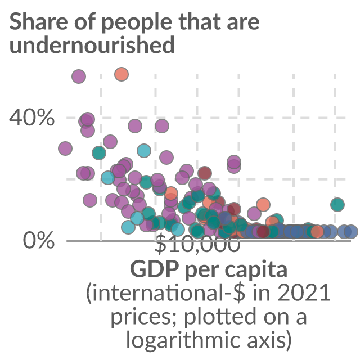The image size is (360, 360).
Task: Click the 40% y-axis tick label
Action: [31, 118]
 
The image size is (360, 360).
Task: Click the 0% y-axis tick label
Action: [39, 241]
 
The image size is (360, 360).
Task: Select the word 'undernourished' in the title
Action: [92, 44]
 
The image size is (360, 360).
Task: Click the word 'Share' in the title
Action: [39, 21]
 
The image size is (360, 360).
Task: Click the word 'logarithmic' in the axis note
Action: [184, 340]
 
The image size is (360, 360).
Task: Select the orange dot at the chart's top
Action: [121, 74]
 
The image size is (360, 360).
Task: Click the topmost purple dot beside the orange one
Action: [79, 76]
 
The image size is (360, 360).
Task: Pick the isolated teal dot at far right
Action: [337, 204]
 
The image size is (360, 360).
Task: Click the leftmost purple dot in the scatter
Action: [65, 148]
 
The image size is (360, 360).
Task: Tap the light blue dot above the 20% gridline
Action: [144, 151]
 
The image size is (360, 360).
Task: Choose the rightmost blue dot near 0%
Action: [351, 231]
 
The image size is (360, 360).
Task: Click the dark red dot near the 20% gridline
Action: [205, 173]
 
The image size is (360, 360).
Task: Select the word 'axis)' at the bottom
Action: [269, 340]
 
